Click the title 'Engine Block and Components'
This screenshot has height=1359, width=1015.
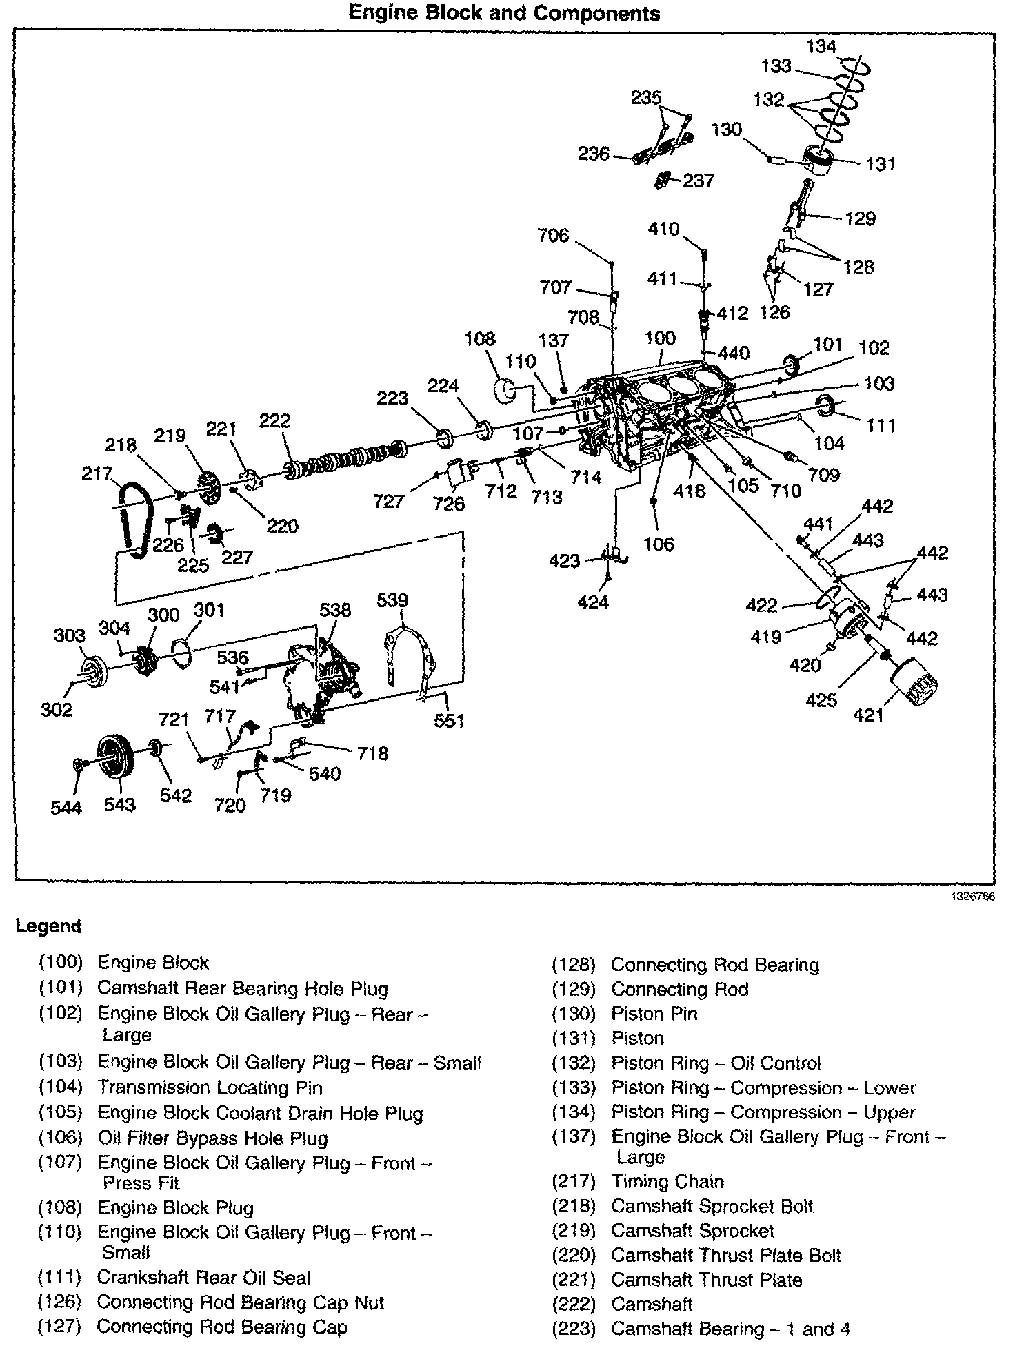coord(504,13)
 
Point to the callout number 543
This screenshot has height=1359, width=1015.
coord(119,804)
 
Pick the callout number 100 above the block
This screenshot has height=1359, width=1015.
coord(660,338)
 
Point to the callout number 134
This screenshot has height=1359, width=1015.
coord(821,46)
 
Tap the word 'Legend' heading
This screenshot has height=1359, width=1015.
coord(48,926)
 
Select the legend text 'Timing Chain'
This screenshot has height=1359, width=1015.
coord(667,1182)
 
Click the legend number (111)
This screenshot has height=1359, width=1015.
coord(60,1278)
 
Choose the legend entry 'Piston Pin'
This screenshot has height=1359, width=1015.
coord(654,1014)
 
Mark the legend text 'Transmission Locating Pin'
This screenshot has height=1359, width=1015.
coord(210,1088)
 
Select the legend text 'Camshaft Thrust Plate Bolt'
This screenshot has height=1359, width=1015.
coord(725,1256)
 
